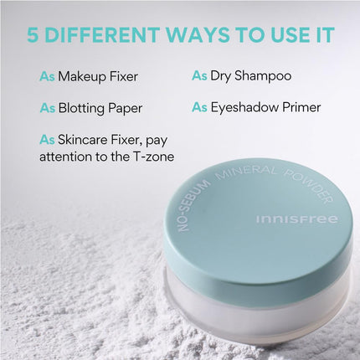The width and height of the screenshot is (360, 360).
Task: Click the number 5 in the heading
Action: click(x=34, y=36)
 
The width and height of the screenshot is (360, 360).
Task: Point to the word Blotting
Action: click(x=83, y=108)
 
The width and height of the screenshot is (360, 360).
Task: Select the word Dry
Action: click(x=222, y=76)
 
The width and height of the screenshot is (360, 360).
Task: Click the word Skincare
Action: click(x=87, y=139)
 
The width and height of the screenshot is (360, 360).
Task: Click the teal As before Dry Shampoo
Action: click(x=199, y=76)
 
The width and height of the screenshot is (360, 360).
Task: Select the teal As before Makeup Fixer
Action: click(x=48, y=76)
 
